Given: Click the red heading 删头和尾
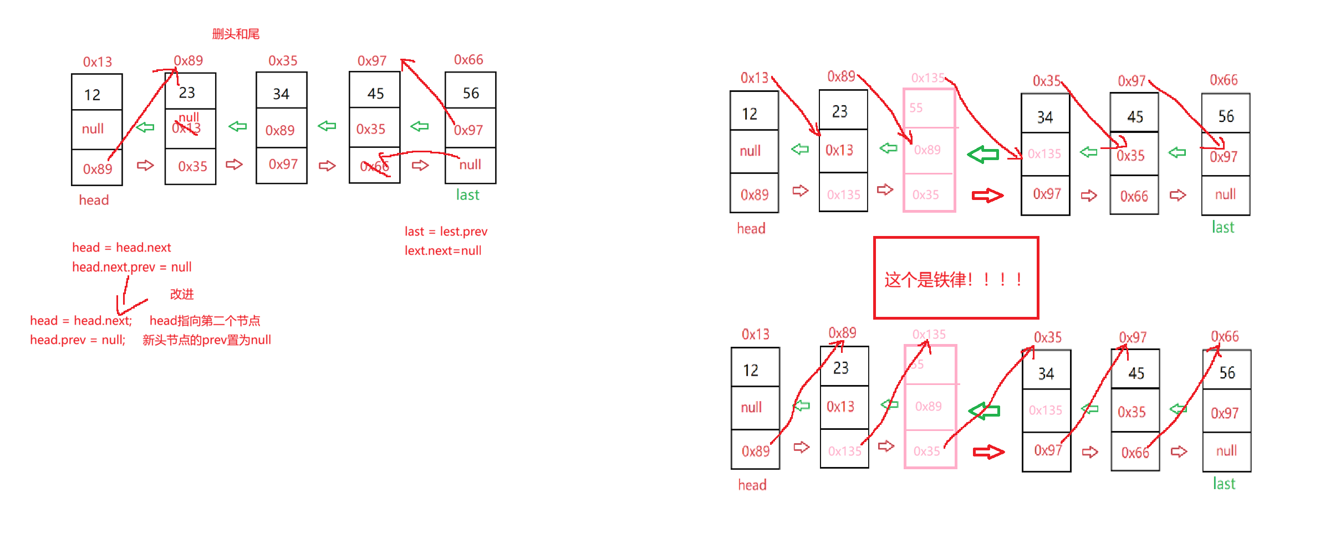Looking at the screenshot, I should point(236,34).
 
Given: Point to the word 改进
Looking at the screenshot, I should point(182,294).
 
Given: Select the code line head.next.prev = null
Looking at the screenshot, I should point(131,267).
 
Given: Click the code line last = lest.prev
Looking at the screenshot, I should point(446,232).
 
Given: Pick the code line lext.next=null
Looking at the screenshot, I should point(442,251).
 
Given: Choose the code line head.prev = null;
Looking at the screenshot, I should point(78,340).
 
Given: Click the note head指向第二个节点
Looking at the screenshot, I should point(205,321).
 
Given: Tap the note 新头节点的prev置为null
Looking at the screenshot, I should point(206,340).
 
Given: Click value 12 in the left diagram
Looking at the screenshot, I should point(92,95).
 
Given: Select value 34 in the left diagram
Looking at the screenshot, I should point(281,94).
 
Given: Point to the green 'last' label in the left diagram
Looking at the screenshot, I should point(467,195).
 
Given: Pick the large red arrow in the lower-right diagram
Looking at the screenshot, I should point(988,452).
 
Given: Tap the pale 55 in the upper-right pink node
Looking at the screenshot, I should point(916,108).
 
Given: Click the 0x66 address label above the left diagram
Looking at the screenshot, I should point(468,60).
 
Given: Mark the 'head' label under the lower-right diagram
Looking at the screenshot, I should point(752,485).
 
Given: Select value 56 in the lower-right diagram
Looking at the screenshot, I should point(1227,373).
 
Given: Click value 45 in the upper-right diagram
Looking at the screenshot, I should point(1135,117).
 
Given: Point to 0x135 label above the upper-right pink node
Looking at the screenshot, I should point(927,78).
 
